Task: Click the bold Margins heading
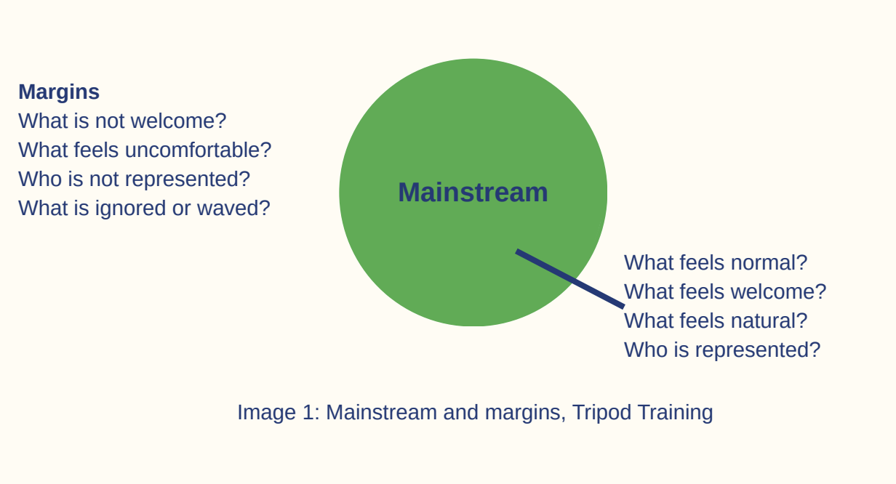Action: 59,92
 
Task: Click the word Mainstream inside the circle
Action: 473,193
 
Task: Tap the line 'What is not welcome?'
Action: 122,121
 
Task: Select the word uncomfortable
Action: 199,150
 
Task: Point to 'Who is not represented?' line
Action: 135,179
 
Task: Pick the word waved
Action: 233,209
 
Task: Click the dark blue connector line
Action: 570,279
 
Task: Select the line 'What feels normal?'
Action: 716,262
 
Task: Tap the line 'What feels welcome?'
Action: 725,291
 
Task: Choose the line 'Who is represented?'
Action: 722,350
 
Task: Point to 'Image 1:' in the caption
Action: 279,413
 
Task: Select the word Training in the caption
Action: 675,413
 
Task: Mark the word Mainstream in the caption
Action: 381,413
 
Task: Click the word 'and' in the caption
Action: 461,413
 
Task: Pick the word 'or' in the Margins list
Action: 181,209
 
